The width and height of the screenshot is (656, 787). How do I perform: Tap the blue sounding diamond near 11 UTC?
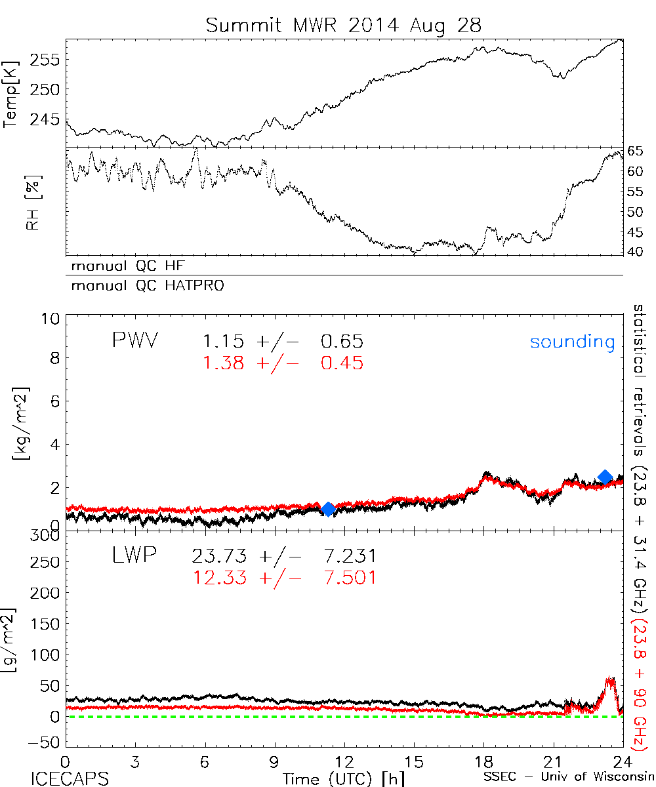coord(327,509)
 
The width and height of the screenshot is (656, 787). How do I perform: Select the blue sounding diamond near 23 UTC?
coord(605,477)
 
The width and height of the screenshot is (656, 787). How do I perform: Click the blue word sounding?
coord(573,342)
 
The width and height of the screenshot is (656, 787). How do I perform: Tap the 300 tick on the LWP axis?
coord(46,536)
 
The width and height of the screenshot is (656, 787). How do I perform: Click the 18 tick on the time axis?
coord(484,762)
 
